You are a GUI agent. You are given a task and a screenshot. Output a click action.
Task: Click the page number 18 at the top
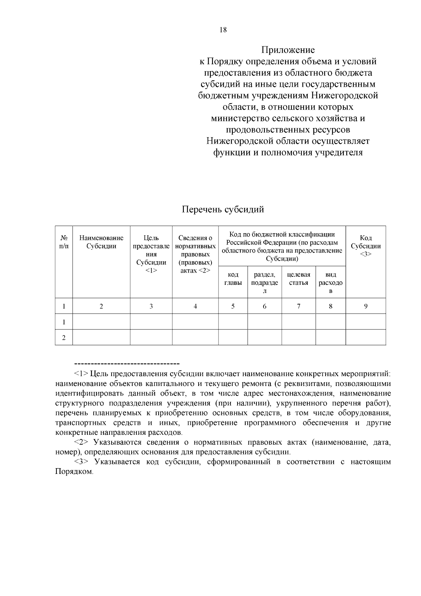pos(223,30)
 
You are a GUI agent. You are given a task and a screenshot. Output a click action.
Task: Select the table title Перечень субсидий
pos(223,210)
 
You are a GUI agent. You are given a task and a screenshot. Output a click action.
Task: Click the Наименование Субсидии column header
pos(101,242)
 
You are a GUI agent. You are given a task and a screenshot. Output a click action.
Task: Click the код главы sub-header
pos(233,279)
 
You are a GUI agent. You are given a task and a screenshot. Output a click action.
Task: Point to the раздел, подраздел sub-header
pos(265,283)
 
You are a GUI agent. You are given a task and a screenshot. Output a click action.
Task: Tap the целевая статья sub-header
pos(299,279)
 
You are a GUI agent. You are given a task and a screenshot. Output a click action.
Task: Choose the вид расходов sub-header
pos(330,283)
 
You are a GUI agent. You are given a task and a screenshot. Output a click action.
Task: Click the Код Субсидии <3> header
pos(366,246)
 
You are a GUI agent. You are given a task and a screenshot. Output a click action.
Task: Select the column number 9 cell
pos(366,306)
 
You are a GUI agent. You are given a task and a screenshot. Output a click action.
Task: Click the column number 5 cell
pos(233,306)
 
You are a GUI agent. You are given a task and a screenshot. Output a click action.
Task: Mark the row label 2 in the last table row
pos(64,338)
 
